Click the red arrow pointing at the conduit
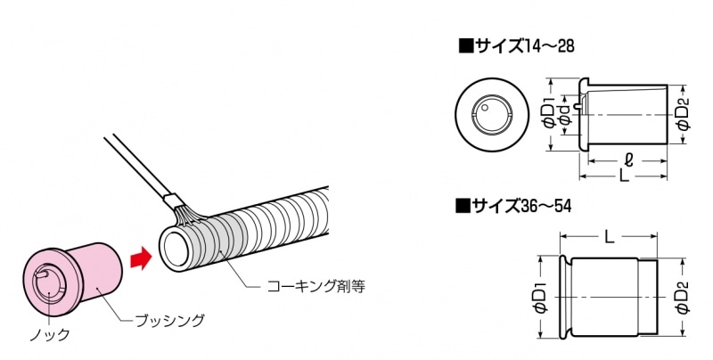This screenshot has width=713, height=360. [x=141, y=258]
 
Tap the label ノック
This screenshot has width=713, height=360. [x=50, y=335]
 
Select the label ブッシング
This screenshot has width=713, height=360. [x=170, y=321]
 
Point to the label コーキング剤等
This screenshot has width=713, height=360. [x=316, y=286]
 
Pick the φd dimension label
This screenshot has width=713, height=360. [x=565, y=116]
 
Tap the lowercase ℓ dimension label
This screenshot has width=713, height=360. [x=629, y=160]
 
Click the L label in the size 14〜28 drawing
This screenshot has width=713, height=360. [x=625, y=176]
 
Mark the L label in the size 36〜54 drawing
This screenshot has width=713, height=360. [x=609, y=236]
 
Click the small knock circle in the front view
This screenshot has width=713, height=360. [x=485, y=108]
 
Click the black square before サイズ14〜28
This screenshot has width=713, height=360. [x=464, y=46]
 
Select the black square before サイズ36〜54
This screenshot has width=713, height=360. [x=462, y=207]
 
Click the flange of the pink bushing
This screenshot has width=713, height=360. [x=53, y=282]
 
